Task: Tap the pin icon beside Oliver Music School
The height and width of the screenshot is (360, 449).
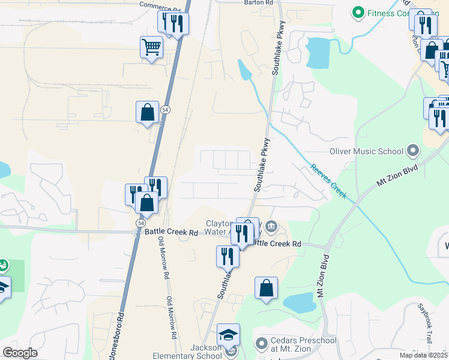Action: point(412,149)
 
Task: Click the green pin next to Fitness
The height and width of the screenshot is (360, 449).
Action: point(358,12)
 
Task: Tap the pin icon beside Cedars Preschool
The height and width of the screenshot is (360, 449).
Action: point(261,344)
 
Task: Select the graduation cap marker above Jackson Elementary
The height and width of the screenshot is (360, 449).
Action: point(228,335)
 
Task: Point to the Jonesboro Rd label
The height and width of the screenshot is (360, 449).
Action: point(120,329)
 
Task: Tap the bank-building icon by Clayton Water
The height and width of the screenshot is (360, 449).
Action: point(271,226)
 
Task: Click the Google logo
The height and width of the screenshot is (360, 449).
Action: point(20,353)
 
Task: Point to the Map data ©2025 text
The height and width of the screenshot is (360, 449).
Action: point(424,355)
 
